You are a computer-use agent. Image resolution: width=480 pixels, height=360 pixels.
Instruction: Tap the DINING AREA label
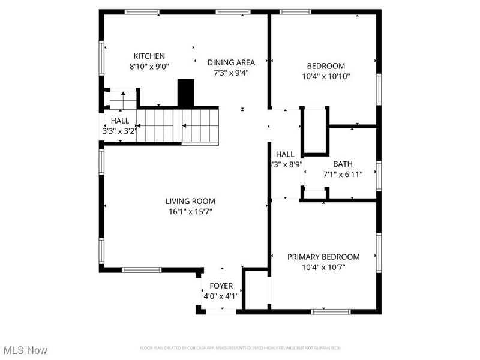click(231, 62)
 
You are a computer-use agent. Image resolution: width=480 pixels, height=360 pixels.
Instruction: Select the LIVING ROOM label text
click(190, 202)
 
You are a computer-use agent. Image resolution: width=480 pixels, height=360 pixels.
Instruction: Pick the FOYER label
click(221, 286)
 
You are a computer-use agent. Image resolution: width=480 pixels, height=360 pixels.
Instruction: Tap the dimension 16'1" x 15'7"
click(190, 212)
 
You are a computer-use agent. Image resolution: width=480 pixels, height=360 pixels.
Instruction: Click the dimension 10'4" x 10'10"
click(326, 76)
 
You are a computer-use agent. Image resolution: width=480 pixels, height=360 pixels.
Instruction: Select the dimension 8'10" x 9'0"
click(149, 67)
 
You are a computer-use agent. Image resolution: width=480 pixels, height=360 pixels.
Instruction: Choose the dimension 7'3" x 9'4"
click(231, 73)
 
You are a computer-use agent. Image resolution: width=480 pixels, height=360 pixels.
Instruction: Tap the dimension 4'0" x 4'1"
click(221, 296)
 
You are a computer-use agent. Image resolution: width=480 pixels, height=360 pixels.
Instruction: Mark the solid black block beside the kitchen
click(186, 93)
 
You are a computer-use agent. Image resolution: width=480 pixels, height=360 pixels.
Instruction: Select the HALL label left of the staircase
click(119, 121)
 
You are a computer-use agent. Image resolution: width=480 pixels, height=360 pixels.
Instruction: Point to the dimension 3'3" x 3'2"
click(119, 130)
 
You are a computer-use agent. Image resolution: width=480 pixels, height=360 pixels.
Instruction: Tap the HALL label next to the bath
click(285, 154)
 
